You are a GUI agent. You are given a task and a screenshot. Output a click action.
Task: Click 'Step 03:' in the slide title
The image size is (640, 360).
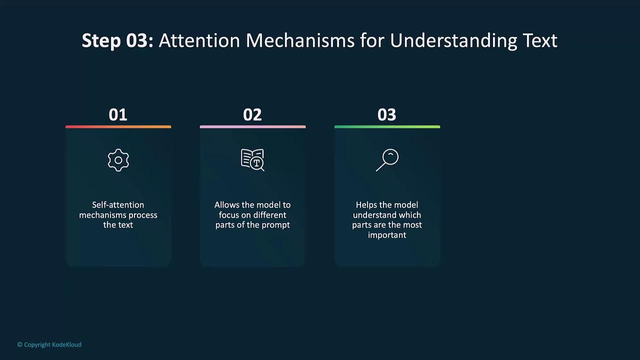click(x=117, y=40)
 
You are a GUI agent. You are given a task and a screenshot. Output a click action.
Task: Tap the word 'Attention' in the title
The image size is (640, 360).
click(x=199, y=40)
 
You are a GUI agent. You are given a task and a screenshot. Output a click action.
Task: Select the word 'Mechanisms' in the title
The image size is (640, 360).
click(x=300, y=40)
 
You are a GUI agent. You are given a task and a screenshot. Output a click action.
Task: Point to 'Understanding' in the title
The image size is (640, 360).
click(x=453, y=41)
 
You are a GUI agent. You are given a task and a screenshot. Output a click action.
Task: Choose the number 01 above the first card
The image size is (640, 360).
click(x=118, y=115)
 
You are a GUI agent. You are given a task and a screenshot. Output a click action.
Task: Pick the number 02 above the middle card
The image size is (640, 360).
click(x=252, y=115)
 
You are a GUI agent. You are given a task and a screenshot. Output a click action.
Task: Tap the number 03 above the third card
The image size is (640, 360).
click(x=387, y=115)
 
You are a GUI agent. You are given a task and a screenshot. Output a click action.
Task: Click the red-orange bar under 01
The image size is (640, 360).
click(x=118, y=127)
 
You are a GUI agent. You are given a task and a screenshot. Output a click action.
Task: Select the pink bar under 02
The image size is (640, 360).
click(x=253, y=127)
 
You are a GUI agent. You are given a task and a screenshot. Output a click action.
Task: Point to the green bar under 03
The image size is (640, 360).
click(x=387, y=127)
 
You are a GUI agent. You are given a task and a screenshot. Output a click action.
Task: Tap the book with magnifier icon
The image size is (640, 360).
click(x=252, y=160)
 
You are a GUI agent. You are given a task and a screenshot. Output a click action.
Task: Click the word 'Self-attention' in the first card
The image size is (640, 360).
click(x=118, y=205)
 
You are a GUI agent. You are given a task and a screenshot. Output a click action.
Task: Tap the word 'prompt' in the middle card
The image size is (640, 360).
click(x=275, y=225)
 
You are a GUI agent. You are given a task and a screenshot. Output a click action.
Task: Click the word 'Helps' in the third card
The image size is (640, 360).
click(x=366, y=205)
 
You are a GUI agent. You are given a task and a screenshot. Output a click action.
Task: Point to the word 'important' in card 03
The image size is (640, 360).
click(x=387, y=235)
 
